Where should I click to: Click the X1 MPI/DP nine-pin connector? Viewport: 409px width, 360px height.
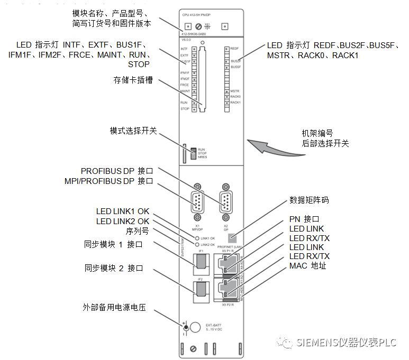197,202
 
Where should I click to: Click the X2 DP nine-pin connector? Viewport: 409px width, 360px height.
225,202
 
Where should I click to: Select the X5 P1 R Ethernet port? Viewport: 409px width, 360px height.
225,261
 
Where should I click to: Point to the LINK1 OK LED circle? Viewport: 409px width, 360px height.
197,238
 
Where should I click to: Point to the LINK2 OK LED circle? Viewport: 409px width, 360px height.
197,244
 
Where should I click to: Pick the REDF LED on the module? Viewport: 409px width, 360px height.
226,48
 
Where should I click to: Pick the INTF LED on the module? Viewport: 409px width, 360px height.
194,49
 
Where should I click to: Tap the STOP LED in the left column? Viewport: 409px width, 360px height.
194,109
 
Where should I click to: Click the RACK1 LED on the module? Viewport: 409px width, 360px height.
226,102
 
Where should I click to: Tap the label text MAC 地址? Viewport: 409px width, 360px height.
308,265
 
